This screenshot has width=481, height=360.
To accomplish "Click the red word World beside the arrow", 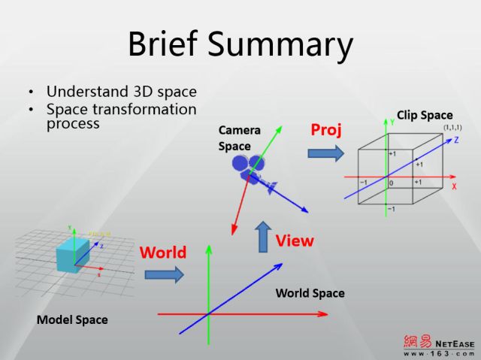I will tap(162, 253).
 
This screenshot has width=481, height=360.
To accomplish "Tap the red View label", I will tap(294, 241).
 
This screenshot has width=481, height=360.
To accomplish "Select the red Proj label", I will tap(326, 129).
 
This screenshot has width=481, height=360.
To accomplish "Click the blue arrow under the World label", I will tap(164, 274).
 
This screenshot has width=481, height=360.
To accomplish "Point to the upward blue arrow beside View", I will tap(262, 237).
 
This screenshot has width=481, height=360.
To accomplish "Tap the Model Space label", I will tap(72, 319).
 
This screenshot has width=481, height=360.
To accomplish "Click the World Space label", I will tap(310, 292).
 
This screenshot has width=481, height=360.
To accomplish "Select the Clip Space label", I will tap(425, 115).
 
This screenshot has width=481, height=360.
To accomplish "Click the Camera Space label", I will tap(240, 138).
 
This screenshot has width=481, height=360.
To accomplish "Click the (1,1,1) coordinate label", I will tap(452, 127).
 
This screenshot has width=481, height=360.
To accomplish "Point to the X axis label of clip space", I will tap(454, 184).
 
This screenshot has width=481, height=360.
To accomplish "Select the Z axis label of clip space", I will tap(456, 140).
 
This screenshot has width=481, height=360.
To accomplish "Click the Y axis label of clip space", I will tap(392, 121).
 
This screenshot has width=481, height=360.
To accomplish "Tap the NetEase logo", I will tap(439, 344).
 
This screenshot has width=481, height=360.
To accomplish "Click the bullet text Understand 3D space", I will tap(121, 92).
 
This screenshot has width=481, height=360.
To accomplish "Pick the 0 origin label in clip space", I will tap(391, 183).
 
